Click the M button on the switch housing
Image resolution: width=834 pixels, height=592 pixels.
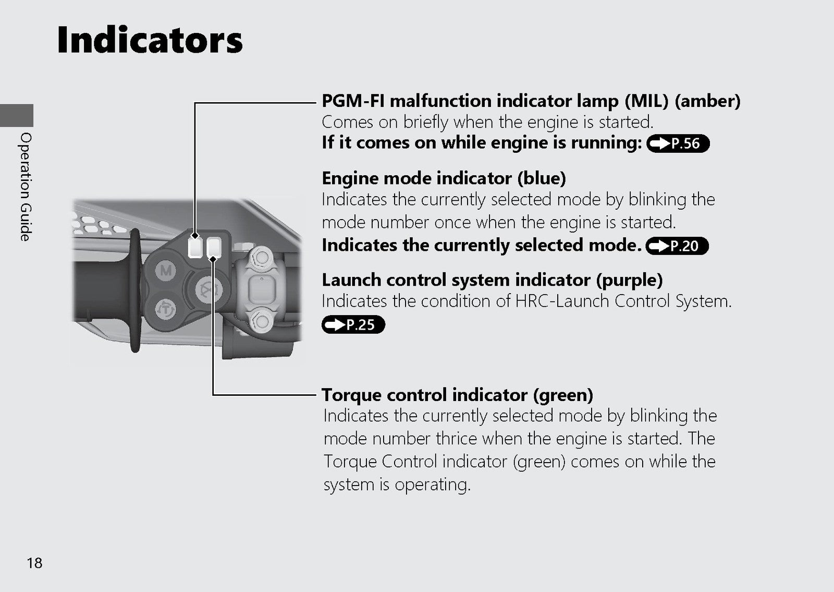166,270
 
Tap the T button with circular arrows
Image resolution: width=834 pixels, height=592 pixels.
165,309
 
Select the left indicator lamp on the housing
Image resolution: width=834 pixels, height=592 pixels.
195,247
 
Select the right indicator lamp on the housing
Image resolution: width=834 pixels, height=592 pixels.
214,247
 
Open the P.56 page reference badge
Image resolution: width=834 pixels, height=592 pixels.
678,143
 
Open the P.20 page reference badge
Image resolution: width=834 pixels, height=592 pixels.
677,246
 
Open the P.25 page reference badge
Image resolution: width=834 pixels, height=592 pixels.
353,324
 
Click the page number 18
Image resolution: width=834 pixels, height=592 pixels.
34,563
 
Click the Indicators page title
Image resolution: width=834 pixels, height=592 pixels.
150,40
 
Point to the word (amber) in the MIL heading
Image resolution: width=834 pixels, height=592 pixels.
707,101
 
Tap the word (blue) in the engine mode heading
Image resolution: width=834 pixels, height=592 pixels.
542,178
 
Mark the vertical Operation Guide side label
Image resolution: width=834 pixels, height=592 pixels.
26,187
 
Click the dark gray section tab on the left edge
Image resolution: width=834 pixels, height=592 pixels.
17,115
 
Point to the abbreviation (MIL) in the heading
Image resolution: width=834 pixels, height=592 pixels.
646,101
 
